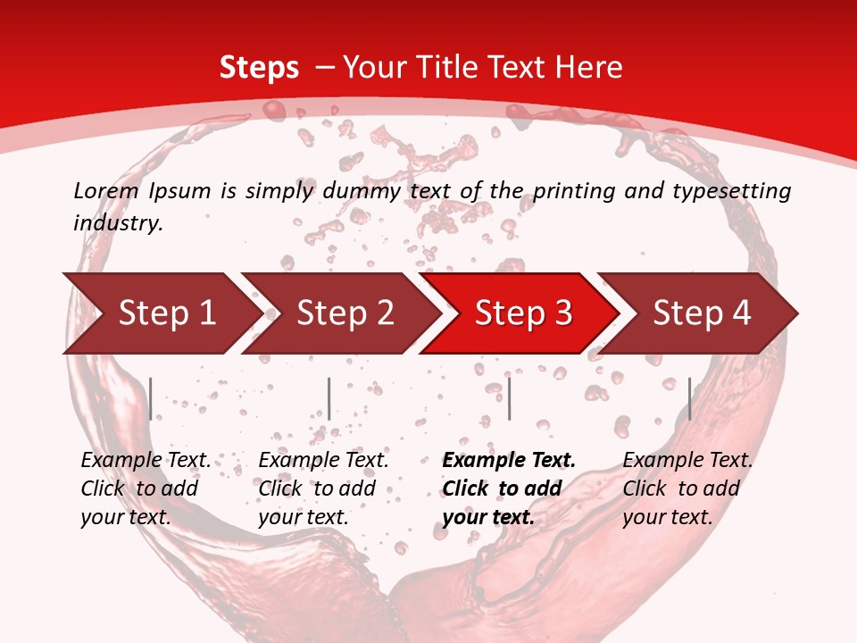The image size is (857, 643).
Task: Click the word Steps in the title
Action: pyautogui.click(x=259, y=68)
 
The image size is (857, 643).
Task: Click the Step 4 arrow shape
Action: pyautogui.click(x=701, y=313)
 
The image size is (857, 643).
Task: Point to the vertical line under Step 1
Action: pyautogui.click(x=151, y=398)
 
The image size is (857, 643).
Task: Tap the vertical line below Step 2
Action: pyautogui.click(x=329, y=398)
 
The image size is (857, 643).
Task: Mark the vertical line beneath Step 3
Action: pyautogui.click(x=509, y=398)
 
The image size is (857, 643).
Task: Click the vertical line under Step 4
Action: pyautogui.click(x=689, y=398)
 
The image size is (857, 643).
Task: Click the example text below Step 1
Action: pyautogui.click(x=146, y=489)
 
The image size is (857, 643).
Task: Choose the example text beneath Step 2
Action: pyautogui.click(x=323, y=489)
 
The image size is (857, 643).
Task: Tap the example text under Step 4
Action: pyautogui.click(x=687, y=489)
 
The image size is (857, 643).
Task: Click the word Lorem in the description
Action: pyautogui.click(x=106, y=190)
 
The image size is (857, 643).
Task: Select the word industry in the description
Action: pyautogui.click(x=118, y=222)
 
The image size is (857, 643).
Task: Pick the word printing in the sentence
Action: pyautogui.click(x=572, y=190)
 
